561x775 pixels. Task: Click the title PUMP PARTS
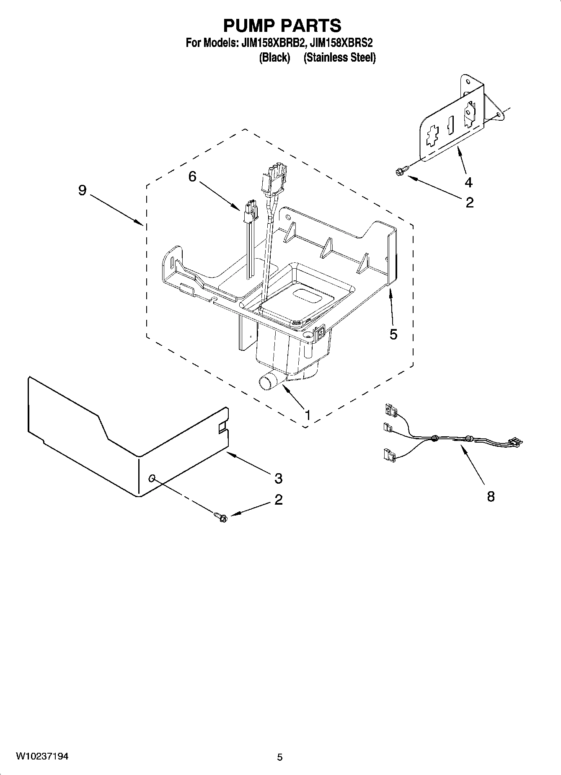click(282, 26)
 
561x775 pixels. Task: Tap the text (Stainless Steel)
click(339, 58)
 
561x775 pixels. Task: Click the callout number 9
click(82, 191)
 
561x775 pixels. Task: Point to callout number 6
click(192, 177)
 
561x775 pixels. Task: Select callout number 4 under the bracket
click(468, 182)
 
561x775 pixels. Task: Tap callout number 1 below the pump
click(308, 415)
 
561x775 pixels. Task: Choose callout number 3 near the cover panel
click(278, 478)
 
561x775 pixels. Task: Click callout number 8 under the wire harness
click(491, 497)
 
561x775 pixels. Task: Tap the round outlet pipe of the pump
click(266, 383)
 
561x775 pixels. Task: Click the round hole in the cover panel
click(152, 478)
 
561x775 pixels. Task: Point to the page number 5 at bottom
click(280, 757)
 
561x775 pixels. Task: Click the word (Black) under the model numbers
click(274, 58)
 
